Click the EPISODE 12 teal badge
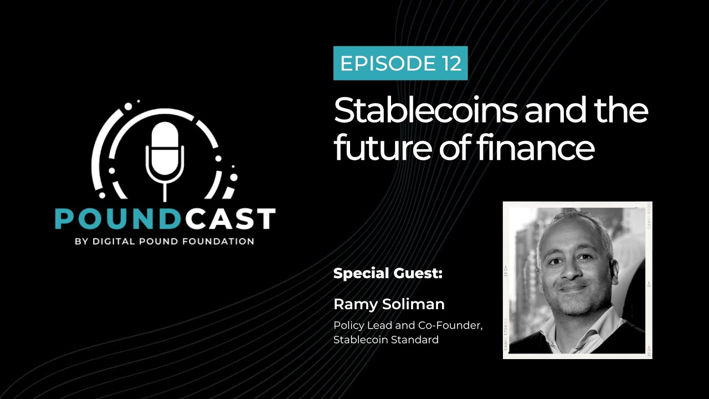click(x=400, y=64)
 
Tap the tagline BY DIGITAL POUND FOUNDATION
click(x=165, y=242)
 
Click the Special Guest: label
click(x=388, y=274)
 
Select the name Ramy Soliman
click(x=389, y=304)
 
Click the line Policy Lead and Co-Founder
click(x=408, y=326)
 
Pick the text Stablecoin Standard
click(x=386, y=340)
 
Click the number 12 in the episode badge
click(x=452, y=64)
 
